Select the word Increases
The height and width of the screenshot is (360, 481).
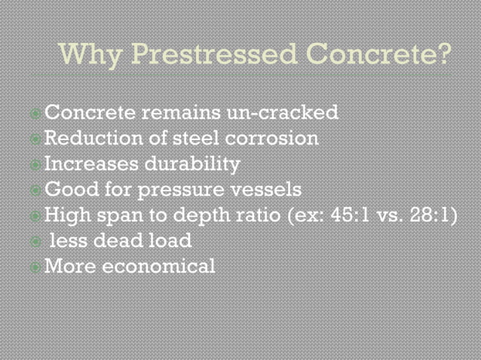coord(93,164)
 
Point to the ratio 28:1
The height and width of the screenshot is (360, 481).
coord(434,215)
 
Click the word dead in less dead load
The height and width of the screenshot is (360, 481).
coord(124,241)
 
